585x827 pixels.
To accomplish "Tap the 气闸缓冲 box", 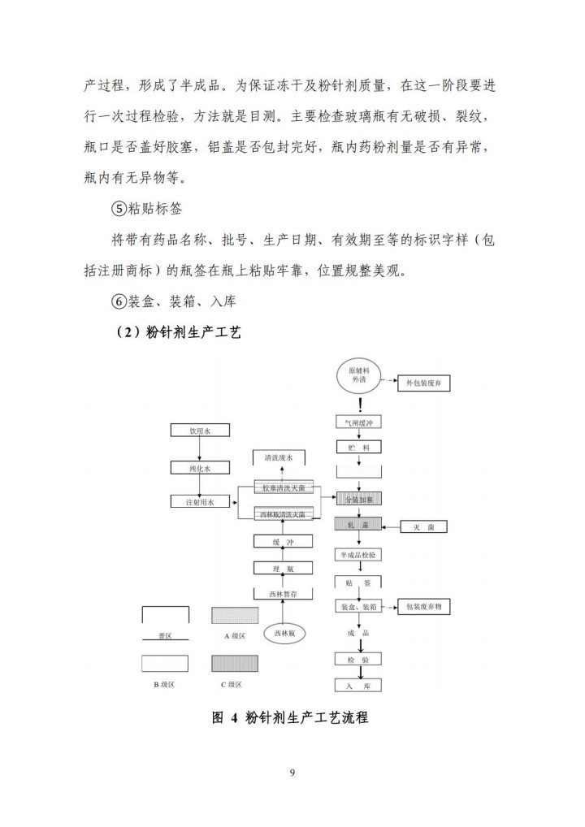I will pyautogui.click(x=358, y=422).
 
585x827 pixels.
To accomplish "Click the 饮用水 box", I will pyautogui.click(x=199, y=431).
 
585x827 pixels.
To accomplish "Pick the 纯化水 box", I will pyautogui.click(x=199, y=468).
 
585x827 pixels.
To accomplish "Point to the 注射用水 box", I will pyautogui.click(x=199, y=503).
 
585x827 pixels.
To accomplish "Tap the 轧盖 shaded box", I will pyautogui.click(x=358, y=526).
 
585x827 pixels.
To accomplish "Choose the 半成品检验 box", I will pyautogui.click(x=358, y=554).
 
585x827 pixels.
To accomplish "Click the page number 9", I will pyautogui.click(x=292, y=772).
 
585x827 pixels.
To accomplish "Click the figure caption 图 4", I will pyautogui.click(x=223, y=718).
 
